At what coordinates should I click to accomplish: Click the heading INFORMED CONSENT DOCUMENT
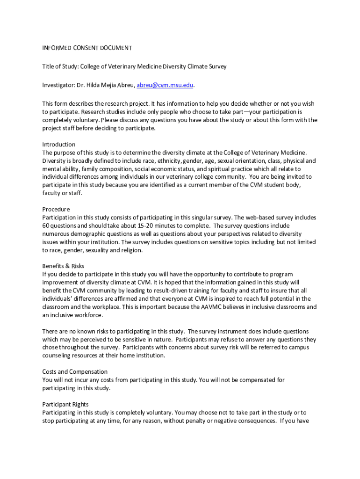pos(87,48)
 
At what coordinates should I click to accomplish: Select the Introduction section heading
pos(59,144)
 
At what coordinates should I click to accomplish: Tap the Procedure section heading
pos(56,209)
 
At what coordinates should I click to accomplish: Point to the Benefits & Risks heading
pos(63,266)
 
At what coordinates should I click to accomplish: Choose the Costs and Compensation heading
pos(75,372)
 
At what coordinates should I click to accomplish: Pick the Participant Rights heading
pos(65,404)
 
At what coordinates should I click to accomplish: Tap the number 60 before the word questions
pos(46,225)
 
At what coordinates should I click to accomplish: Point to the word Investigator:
pos(58,85)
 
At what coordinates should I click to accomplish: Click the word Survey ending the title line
pos(216,66)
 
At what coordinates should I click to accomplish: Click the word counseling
pos(58,356)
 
